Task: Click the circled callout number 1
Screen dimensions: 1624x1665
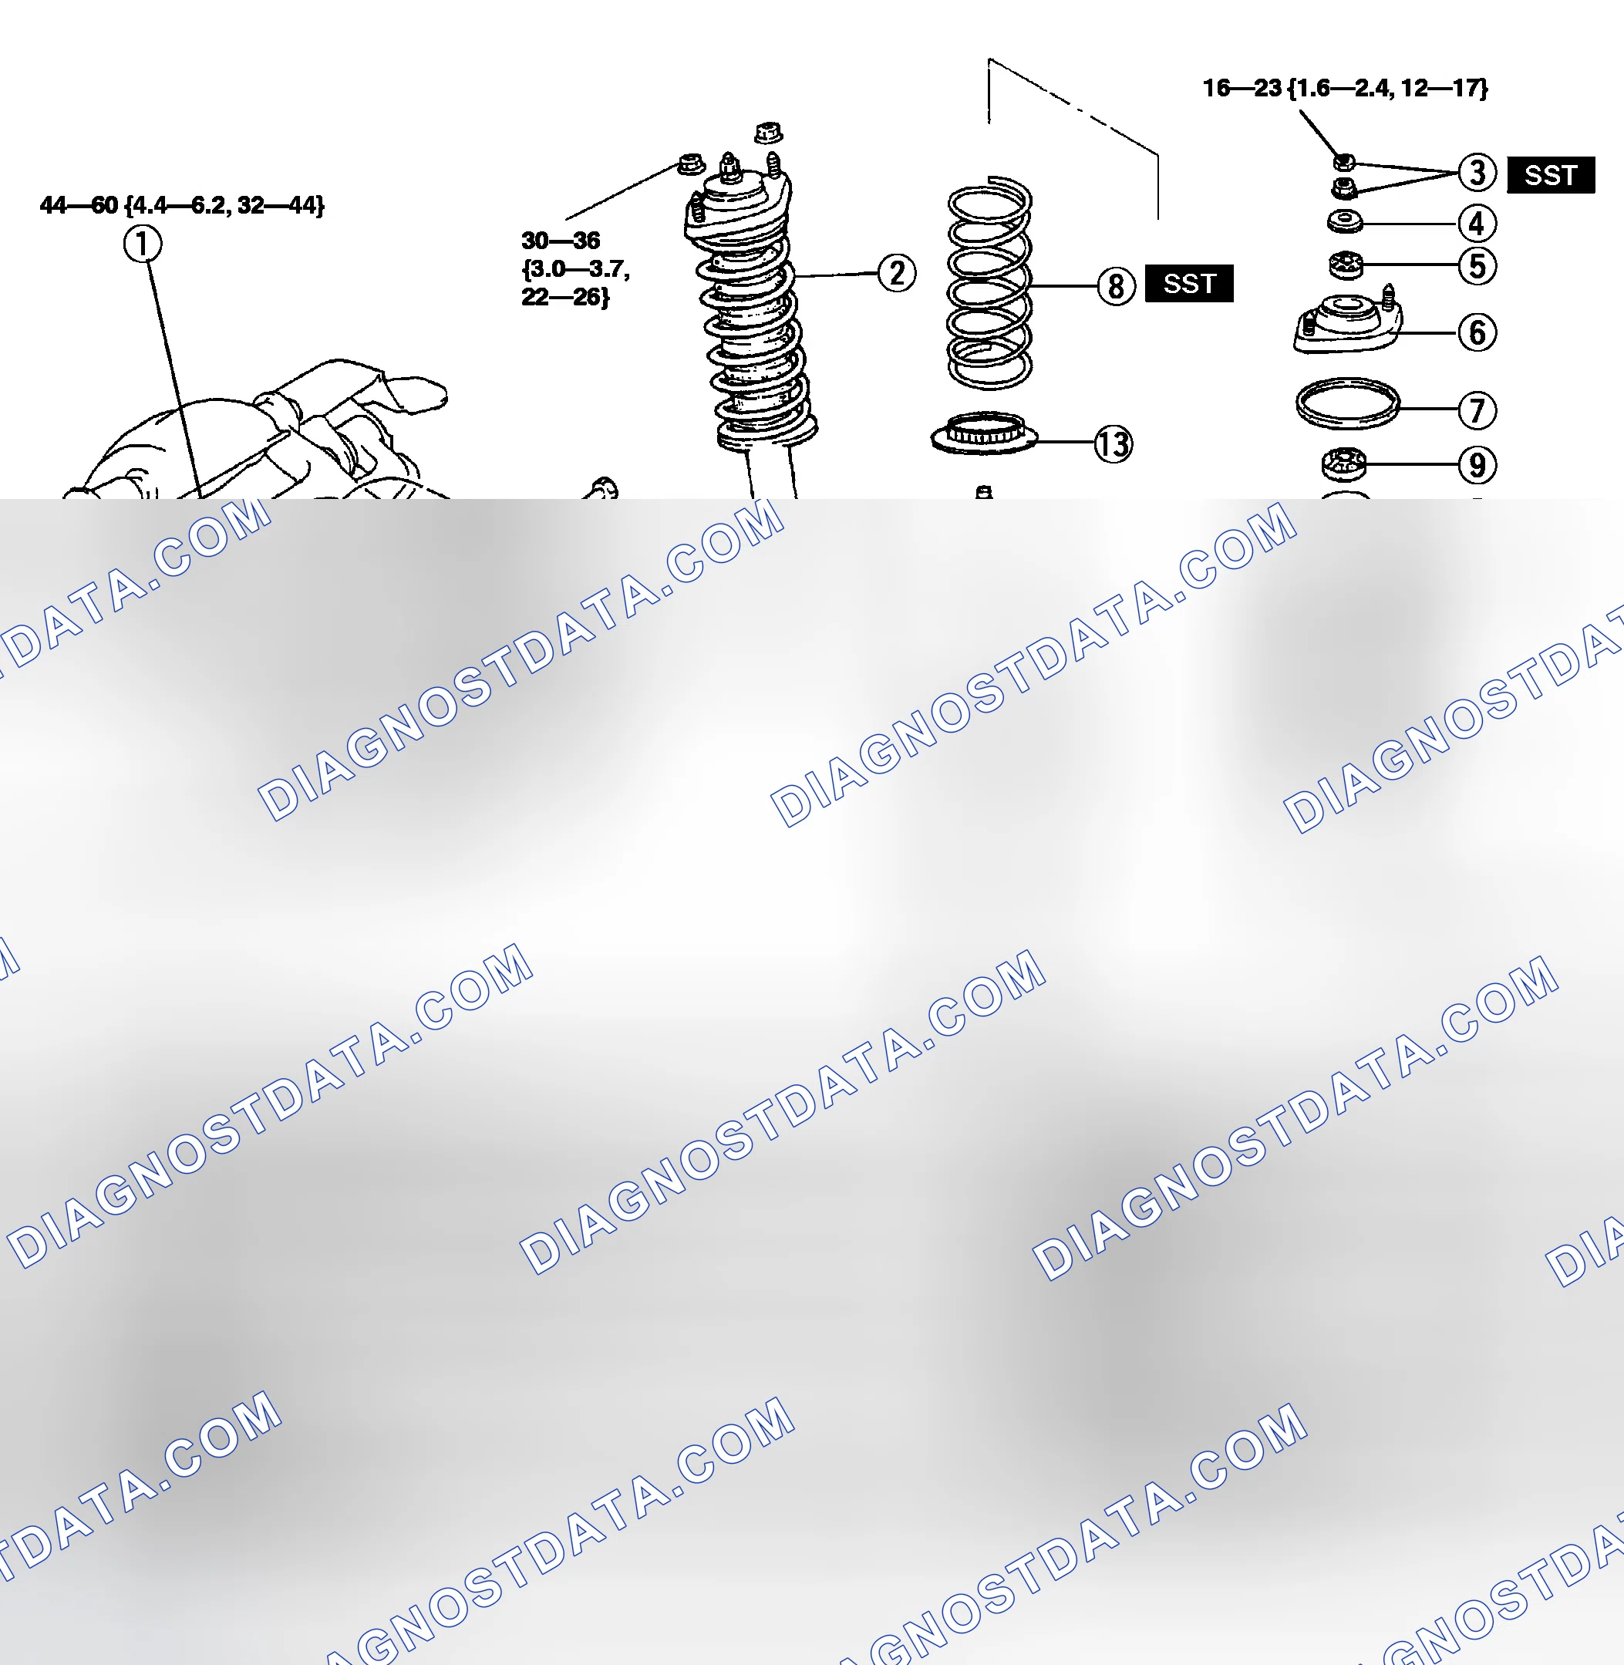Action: (143, 244)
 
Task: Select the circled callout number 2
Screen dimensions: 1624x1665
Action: (897, 274)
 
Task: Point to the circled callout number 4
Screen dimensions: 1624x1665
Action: (1477, 224)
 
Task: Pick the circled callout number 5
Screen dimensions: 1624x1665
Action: (1477, 265)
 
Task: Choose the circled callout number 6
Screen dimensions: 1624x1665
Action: (1477, 332)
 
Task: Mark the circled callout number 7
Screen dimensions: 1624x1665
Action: (1477, 410)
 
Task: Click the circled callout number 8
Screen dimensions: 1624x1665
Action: (1116, 286)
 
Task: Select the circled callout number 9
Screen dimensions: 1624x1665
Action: (1477, 465)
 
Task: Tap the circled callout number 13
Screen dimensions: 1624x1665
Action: (1113, 443)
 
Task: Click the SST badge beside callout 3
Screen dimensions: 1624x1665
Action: (1551, 176)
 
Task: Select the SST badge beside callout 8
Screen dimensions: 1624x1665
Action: (1189, 283)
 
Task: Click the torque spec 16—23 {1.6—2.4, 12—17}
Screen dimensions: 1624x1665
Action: (1345, 88)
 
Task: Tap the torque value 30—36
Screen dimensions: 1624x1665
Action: (561, 241)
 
